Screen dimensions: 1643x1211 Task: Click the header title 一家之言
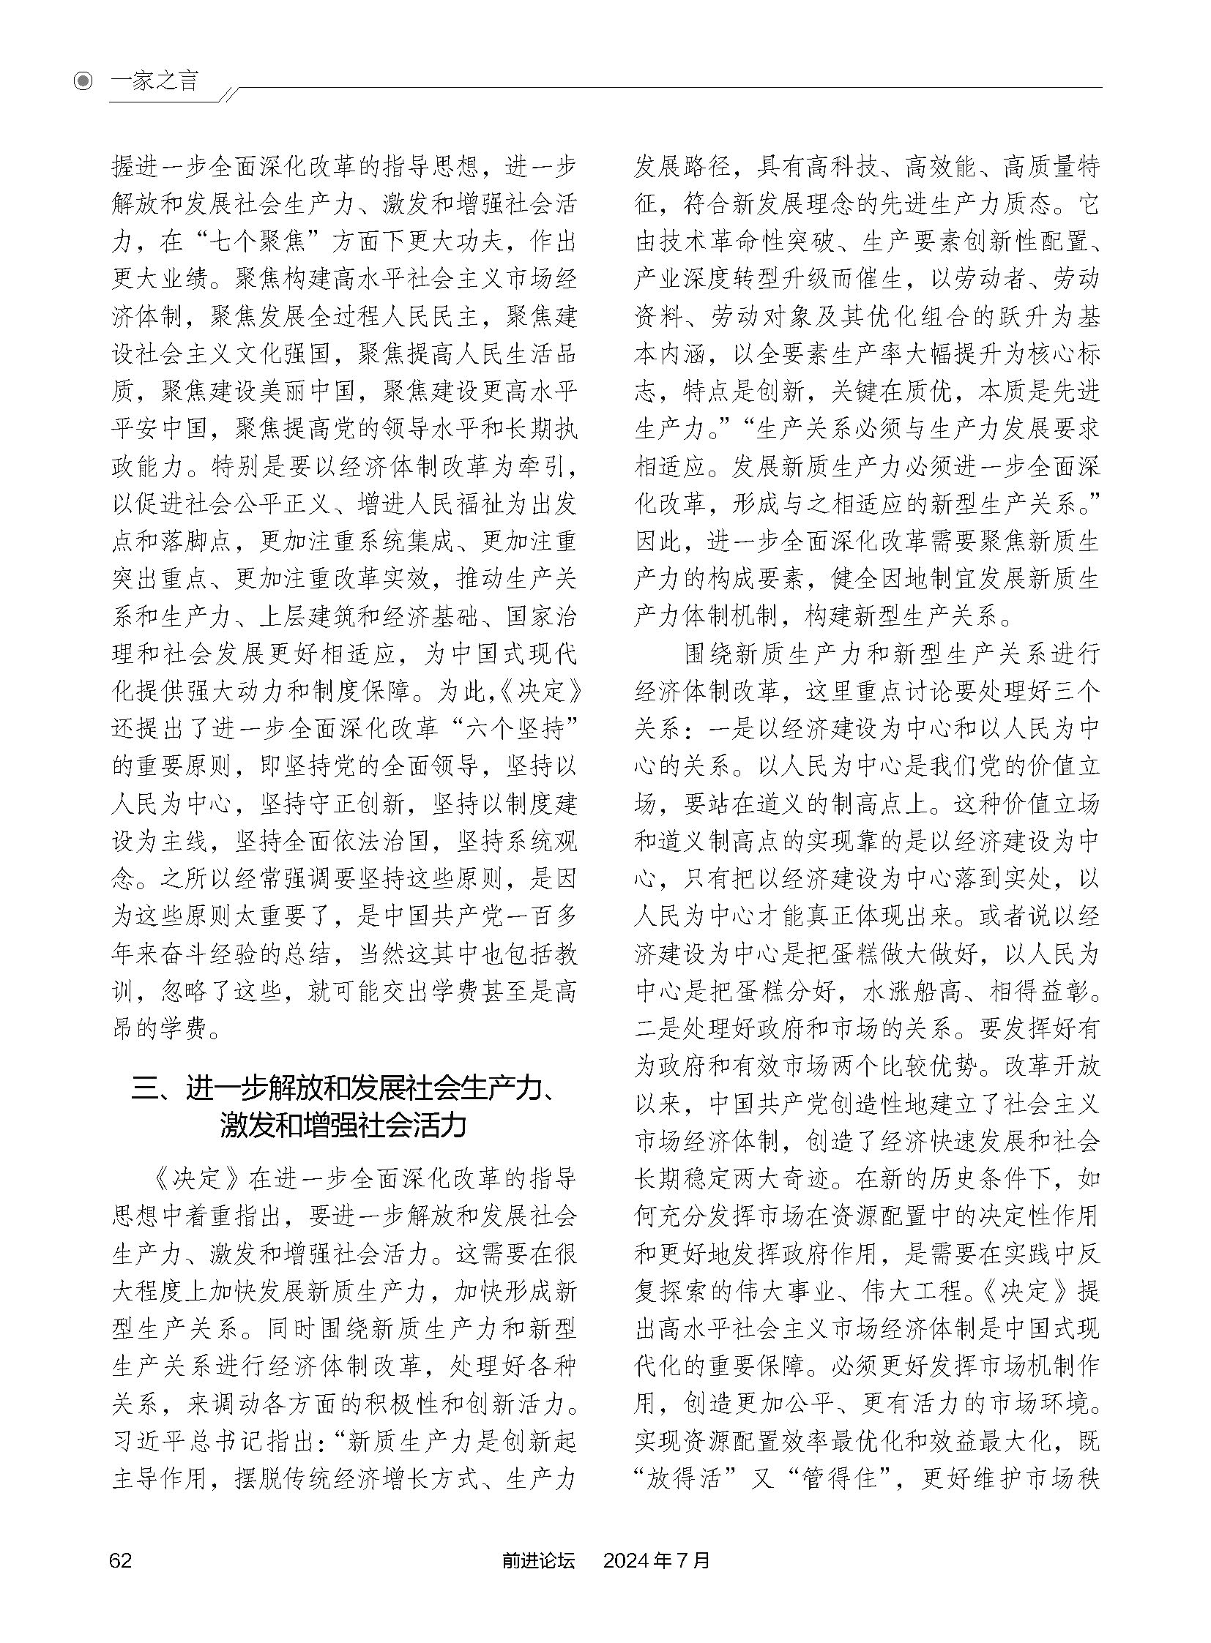tap(154, 81)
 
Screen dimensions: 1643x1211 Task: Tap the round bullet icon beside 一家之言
tap(85, 81)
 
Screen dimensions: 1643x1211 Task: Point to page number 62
tap(120, 1579)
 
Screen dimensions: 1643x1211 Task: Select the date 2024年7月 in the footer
tap(656, 1579)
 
